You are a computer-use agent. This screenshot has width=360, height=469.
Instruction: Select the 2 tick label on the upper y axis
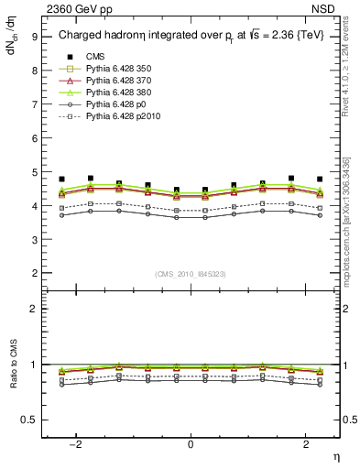[x=35, y=273]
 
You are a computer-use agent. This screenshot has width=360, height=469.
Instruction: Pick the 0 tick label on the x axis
[x=191, y=444]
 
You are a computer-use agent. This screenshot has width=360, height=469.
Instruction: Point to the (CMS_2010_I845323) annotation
[x=191, y=274]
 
